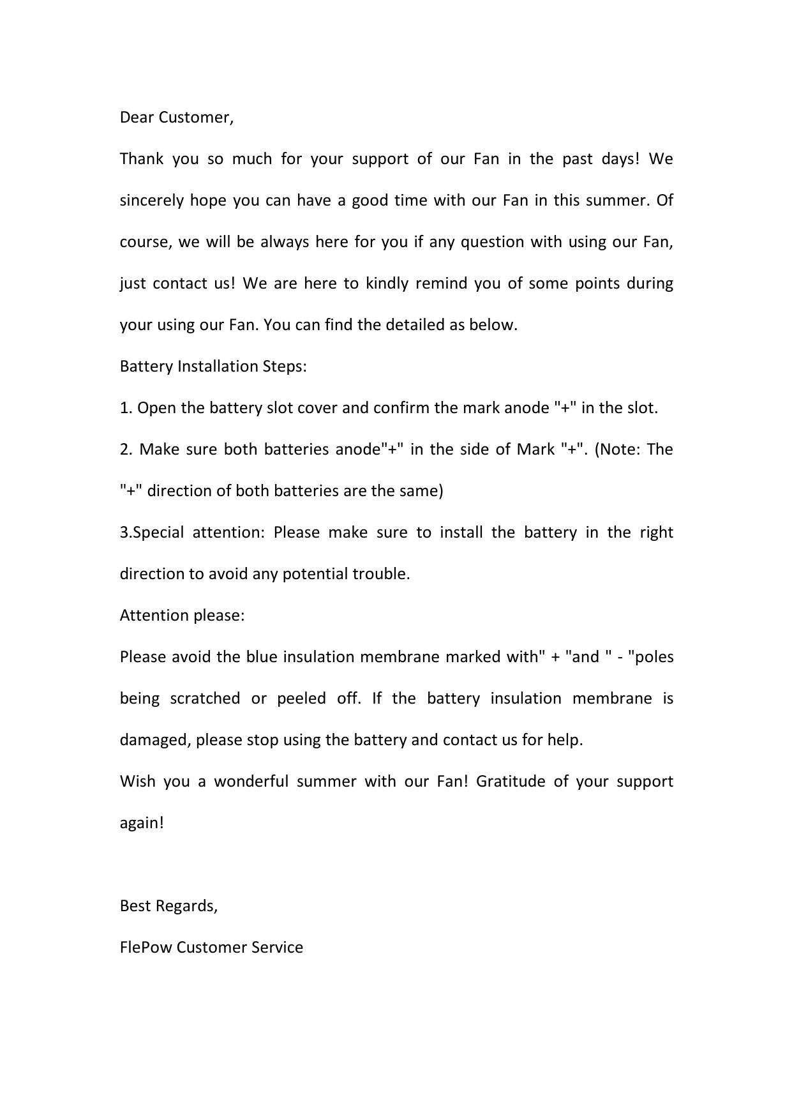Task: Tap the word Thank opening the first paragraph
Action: click(142, 159)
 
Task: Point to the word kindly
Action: click(386, 284)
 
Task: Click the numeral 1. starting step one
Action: click(126, 408)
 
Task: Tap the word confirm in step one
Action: click(400, 408)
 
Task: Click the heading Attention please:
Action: click(182, 616)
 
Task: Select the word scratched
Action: click(205, 699)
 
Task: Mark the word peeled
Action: click(301, 699)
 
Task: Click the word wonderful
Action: click(251, 782)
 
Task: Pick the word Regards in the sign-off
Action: click(186, 906)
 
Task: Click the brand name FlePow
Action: click(146, 948)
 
